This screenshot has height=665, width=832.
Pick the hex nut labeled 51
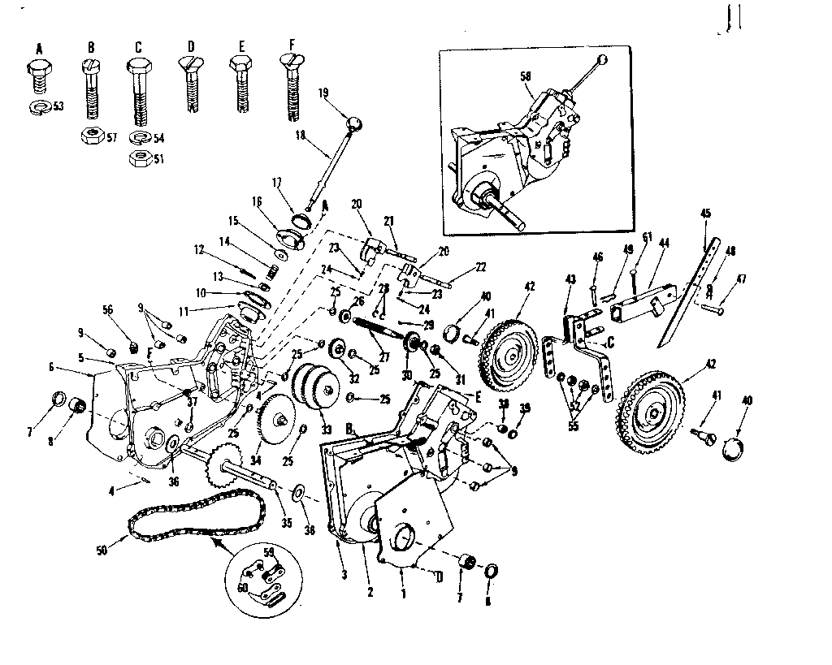139,158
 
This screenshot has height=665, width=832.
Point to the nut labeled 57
91,136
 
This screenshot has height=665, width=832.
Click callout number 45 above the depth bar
705,214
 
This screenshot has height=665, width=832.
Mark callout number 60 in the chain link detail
241,587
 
